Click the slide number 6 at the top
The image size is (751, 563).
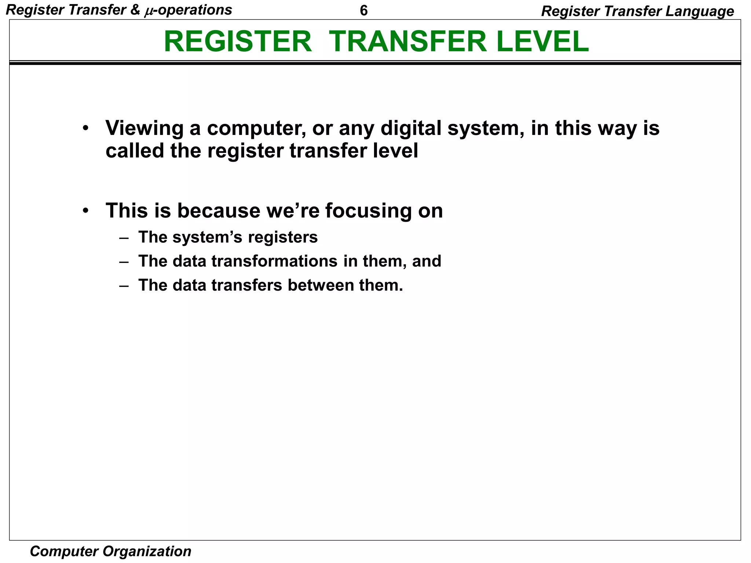click(363, 11)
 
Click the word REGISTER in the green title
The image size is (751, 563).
click(238, 41)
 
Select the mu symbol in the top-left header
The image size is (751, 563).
click(148, 11)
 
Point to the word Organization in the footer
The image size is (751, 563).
click(147, 551)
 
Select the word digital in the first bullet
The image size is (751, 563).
click(411, 129)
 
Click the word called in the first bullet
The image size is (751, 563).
click(135, 151)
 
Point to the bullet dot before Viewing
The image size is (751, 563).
click(85, 129)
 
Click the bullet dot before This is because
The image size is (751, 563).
click(85, 211)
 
